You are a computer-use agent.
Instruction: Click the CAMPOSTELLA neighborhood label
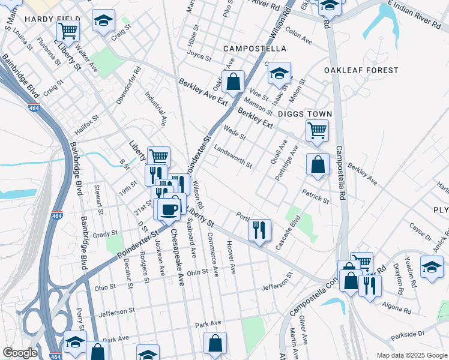(254, 48)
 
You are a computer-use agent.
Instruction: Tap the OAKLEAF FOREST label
(361, 70)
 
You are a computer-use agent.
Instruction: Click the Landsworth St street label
(233, 157)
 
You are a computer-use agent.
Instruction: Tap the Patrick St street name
(316, 196)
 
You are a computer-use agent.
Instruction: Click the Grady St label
(104, 233)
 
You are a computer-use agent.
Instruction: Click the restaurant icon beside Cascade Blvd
(259, 230)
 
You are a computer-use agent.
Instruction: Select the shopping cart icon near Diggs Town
(317, 130)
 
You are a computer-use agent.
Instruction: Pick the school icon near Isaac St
(279, 73)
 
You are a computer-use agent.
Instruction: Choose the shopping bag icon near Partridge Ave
(318, 164)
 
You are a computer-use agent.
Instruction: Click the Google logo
(20, 353)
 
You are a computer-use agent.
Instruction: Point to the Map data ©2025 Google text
(411, 355)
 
